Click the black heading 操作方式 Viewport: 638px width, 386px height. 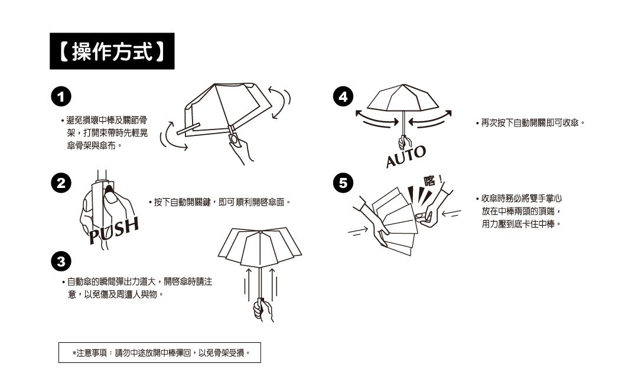coord(112,51)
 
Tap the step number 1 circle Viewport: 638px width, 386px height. coord(61,97)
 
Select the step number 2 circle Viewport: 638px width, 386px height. coord(61,183)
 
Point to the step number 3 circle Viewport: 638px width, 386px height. coord(61,261)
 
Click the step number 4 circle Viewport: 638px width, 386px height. coord(343,97)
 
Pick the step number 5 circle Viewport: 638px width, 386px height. coord(343,183)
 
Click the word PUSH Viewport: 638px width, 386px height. coord(114,231)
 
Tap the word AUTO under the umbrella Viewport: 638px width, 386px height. coord(406,157)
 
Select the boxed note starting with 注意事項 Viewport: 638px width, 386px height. coord(159,353)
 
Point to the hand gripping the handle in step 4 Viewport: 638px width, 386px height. coord(404,142)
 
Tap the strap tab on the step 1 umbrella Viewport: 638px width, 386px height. coord(188,129)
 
